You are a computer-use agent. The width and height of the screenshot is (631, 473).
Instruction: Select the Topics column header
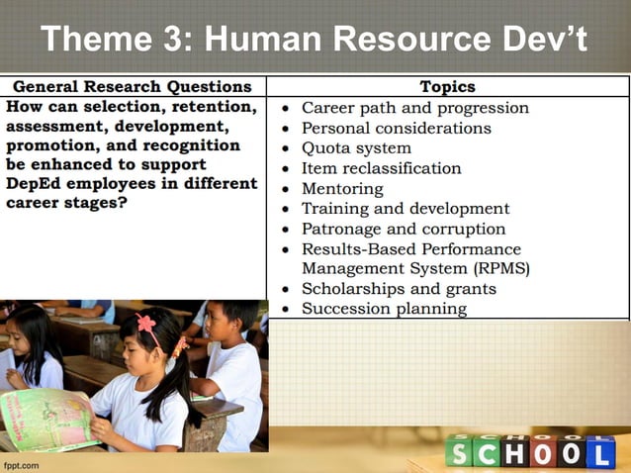(447, 87)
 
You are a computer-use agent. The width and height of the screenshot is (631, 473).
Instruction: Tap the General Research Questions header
(133, 87)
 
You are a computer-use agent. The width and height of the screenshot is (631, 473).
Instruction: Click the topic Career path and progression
(414, 108)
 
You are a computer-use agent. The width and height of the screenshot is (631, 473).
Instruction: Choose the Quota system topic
(356, 148)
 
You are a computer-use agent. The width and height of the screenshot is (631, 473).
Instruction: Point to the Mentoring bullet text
(342, 188)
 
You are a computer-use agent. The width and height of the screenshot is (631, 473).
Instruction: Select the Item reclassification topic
(381, 168)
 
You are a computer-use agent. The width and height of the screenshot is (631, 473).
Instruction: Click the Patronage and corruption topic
(397, 229)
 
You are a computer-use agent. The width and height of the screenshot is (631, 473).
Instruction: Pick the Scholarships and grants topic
(399, 289)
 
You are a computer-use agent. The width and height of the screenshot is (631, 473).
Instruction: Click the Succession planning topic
(384, 309)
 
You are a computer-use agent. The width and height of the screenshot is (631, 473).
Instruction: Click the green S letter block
(459, 453)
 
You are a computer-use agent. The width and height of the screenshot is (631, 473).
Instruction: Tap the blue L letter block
(600, 453)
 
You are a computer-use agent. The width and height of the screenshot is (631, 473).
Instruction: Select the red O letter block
(543, 453)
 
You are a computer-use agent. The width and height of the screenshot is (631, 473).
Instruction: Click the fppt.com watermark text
(21, 464)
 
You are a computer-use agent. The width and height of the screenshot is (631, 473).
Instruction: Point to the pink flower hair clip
(146, 324)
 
